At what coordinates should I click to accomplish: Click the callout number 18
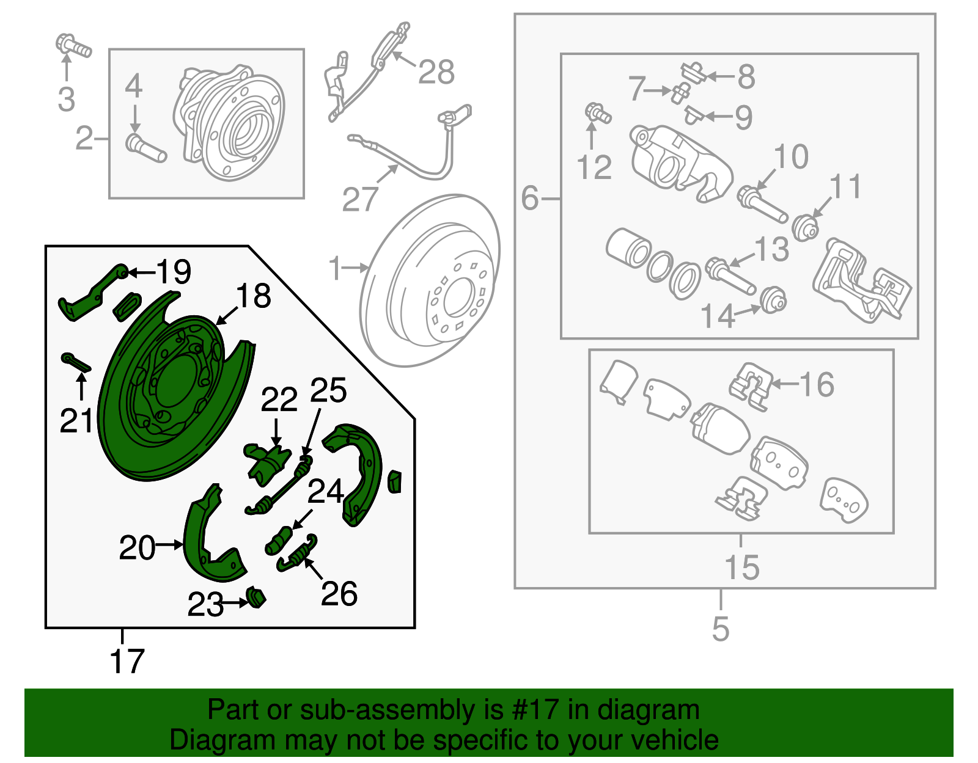[x=253, y=296]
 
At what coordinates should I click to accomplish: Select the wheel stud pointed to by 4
[x=145, y=149]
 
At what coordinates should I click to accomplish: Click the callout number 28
[x=436, y=72]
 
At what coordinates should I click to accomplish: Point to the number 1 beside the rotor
[x=335, y=268]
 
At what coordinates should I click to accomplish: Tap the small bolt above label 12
[x=597, y=114]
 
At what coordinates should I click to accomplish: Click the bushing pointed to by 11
[x=805, y=228]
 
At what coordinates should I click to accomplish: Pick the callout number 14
[x=717, y=316]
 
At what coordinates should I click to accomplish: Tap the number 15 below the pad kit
[x=741, y=568]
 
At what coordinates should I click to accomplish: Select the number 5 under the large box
[x=721, y=629]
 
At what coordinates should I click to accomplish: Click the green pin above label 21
[x=76, y=362]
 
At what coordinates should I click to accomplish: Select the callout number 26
[x=339, y=594]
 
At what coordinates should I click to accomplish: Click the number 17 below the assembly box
[x=127, y=662]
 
